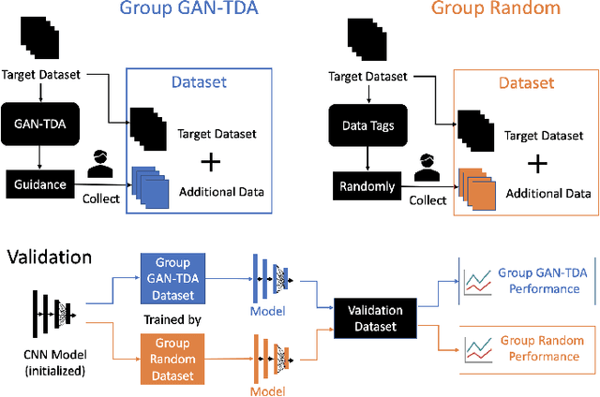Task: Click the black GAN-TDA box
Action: click(40, 122)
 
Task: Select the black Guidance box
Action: click(40, 184)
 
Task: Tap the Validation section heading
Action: click(49, 255)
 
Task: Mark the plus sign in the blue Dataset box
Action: click(213, 162)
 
